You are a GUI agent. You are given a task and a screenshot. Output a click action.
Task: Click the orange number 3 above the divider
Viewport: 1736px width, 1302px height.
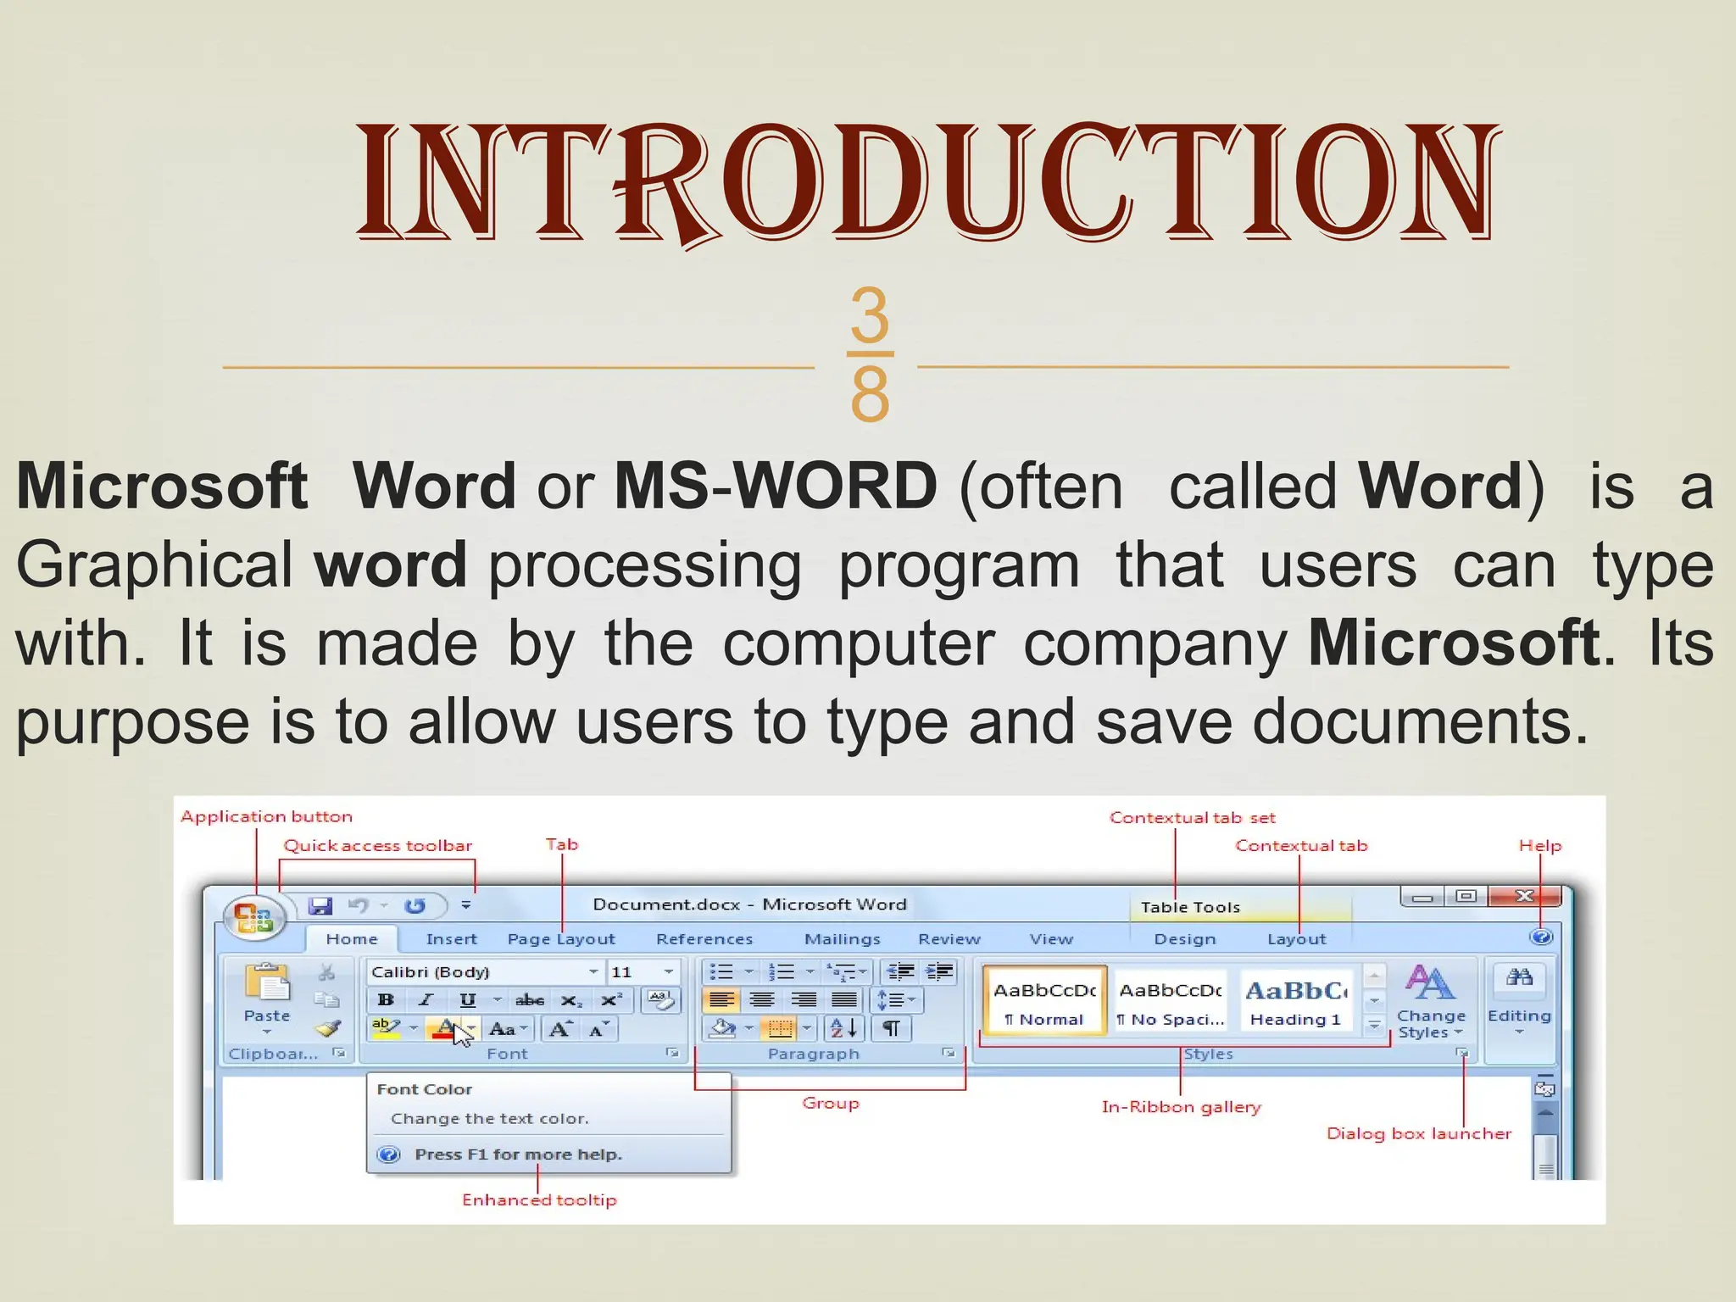point(870,314)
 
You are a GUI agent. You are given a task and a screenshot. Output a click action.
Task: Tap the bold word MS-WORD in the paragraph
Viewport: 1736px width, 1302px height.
point(776,486)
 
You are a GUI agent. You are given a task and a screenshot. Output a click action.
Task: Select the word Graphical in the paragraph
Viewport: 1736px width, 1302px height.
point(154,565)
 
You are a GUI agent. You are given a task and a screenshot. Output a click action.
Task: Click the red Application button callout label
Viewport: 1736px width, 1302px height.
point(266,816)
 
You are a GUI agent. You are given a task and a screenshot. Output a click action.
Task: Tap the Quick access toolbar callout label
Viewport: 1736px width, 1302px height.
point(377,845)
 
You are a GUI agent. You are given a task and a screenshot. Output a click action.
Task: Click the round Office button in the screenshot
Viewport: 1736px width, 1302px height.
point(253,918)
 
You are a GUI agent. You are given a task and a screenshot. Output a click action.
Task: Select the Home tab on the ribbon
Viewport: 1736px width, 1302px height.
point(352,939)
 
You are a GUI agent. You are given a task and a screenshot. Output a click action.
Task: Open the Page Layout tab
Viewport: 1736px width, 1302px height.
point(561,939)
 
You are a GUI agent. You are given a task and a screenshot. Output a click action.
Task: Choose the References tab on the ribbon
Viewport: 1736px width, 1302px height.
point(704,939)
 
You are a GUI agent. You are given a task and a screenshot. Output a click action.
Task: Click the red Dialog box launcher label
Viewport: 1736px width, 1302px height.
point(1418,1133)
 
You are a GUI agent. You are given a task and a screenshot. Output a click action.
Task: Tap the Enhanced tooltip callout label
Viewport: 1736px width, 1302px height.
point(539,1199)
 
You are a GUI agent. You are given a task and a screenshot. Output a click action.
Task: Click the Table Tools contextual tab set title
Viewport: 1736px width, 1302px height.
point(1190,907)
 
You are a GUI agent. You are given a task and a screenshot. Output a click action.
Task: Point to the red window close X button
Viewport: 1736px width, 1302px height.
point(1524,896)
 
